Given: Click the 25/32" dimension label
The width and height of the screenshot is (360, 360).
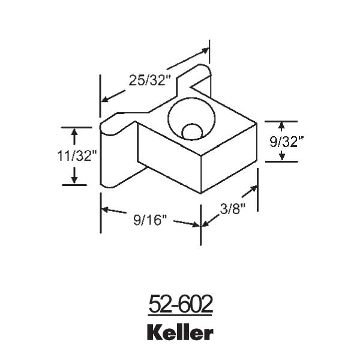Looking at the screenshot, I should click(x=148, y=79).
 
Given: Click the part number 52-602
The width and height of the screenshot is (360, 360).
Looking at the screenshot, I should click(x=180, y=305).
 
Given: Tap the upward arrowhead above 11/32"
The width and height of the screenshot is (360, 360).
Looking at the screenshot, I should click(x=74, y=131).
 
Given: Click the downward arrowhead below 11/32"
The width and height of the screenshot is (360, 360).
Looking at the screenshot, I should click(x=74, y=179).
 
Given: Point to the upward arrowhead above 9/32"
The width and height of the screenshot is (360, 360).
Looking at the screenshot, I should click(x=281, y=125).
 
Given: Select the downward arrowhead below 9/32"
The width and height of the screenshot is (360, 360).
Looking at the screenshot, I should click(x=281, y=157).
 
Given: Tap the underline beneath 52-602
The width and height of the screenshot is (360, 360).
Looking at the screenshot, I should click(x=180, y=315).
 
